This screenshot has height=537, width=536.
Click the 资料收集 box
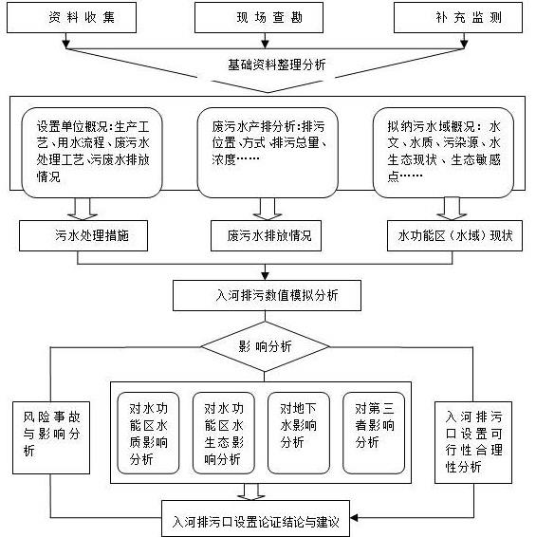pyautogui.click(x=71, y=17)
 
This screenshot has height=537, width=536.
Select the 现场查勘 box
pyautogui.click(x=259, y=17)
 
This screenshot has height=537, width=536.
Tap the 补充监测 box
pyautogui.click(x=458, y=17)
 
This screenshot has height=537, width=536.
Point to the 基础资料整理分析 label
pyautogui.click(x=277, y=65)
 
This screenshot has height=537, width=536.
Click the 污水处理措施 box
pyautogui.click(x=83, y=235)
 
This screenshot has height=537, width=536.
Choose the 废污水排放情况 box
pyautogui.click(x=267, y=235)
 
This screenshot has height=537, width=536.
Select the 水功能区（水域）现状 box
pyautogui.click(x=454, y=235)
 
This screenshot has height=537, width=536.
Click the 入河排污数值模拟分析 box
pyautogui.click(x=268, y=296)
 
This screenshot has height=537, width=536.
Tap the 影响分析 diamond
pyautogui.click(x=265, y=346)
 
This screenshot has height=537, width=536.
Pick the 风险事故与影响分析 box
pyautogui.click(x=51, y=437)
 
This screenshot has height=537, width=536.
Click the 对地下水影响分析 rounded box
pyautogui.click(x=299, y=433)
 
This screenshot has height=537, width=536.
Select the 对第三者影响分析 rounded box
pyautogui.click(x=374, y=433)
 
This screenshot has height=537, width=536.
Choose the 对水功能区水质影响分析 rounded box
pyautogui.click(x=148, y=433)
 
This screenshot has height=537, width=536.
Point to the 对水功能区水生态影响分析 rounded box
pyautogui.click(x=224, y=433)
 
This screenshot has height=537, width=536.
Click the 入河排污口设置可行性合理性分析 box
pyautogui.click(x=473, y=442)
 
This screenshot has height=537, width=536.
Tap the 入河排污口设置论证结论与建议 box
pyautogui.click(x=255, y=519)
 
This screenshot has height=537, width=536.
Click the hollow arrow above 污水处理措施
pyautogui.click(x=83, y=209)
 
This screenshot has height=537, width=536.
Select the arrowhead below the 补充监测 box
pyautogui.click(x=464, y=44)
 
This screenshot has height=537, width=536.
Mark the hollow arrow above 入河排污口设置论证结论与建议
pyautogui.click(x=251, y=491)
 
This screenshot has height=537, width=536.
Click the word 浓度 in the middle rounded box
pyautogui.click(x=224, y=159)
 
